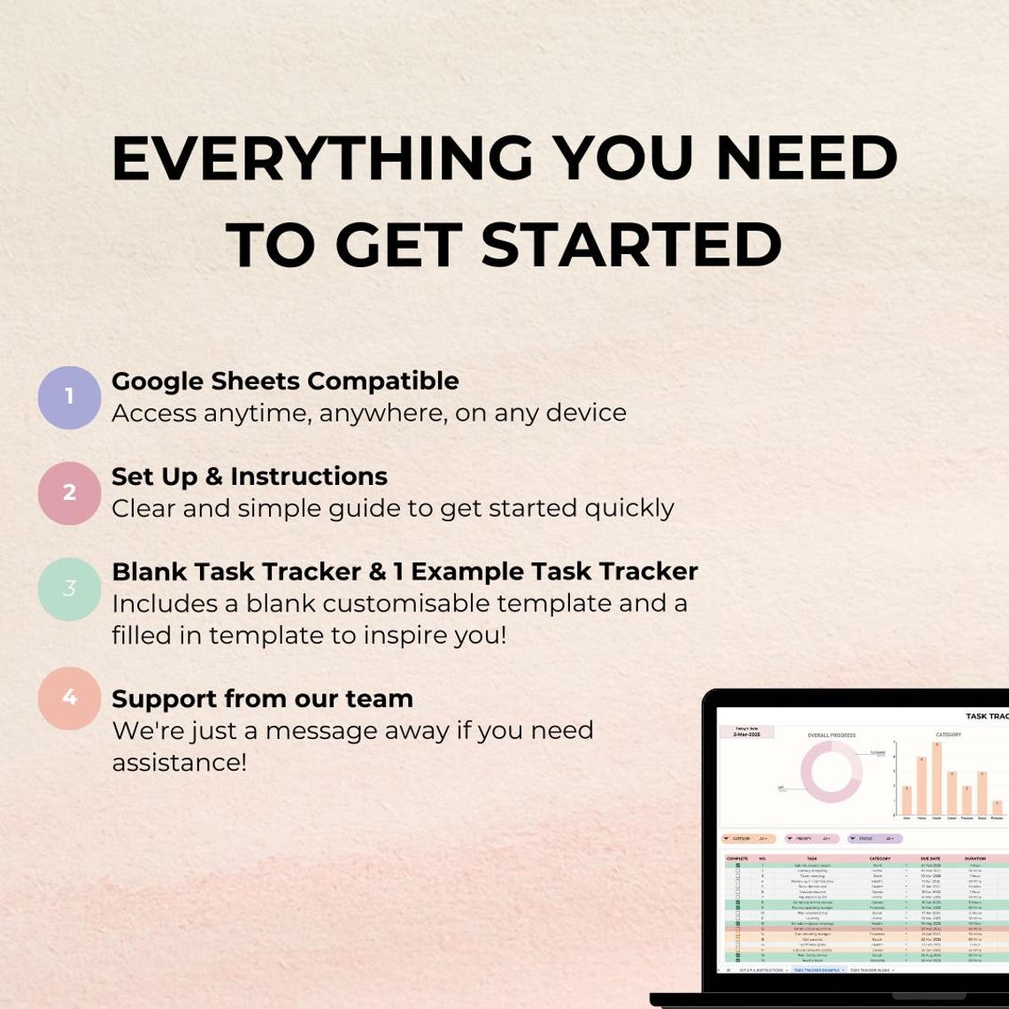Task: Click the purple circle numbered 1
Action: point(69,397)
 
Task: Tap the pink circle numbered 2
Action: point(69,493)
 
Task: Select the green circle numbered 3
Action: point(69,589)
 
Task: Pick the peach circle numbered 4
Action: point(69,698)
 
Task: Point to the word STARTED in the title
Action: point(632,245)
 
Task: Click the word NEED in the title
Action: point(806,159)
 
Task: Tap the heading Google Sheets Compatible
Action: point(285,381)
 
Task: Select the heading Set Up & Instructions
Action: point(250,476)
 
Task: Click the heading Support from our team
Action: point(262,698)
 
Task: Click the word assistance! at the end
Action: point(179,762)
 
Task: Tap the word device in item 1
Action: point(583,412)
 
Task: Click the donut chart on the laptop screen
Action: point(831,772)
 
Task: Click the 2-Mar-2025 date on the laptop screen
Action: point(746,734)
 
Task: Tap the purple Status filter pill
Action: point(874,838)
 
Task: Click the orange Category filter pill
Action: point(749,838)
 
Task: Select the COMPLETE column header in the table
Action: point(736,859)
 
